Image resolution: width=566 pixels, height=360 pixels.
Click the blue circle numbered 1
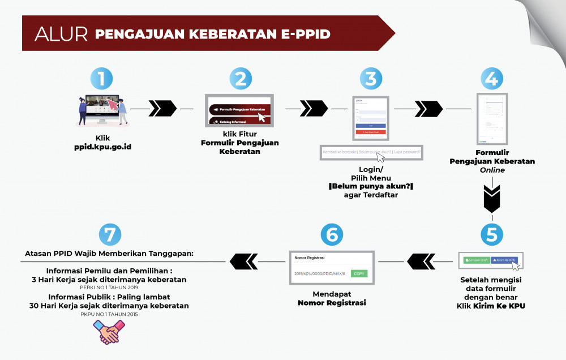click(x=102, y=79)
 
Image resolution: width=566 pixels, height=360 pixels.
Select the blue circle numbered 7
click(x=109, y=234)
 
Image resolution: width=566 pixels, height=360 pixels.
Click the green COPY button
click(x=359, y=273)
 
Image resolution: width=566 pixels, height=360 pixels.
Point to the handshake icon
click(x=109, y=332)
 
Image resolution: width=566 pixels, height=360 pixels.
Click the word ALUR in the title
click(x=61, y=34)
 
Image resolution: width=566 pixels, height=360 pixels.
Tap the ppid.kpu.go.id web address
click(x=102, y=147)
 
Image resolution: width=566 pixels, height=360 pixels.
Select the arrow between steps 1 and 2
click(x=162, y=108)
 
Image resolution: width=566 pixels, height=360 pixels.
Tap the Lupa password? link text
click(x=407, y=152)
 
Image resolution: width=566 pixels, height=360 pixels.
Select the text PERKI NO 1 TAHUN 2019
click(x=109, y=286)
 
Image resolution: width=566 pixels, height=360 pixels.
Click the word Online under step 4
click(x=492, y=170)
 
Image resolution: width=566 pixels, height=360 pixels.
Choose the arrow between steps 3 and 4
click(x=428, y=108)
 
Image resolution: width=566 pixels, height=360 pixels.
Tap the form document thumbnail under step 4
click(x=491, y=118)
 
